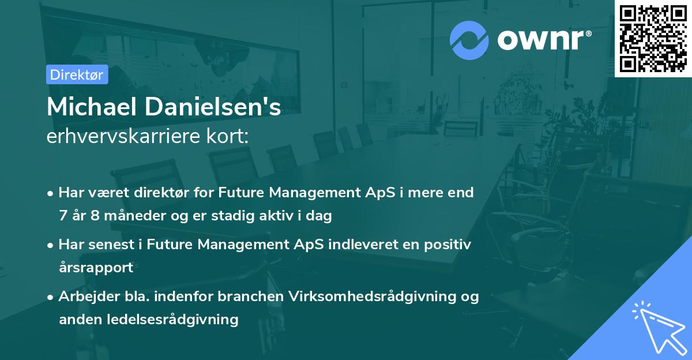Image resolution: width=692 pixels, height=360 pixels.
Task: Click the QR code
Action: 653,38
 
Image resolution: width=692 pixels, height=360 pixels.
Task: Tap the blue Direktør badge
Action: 77,74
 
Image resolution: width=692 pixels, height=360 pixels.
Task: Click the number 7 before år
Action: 63,216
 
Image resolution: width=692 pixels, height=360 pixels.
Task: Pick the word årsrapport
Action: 96,268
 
